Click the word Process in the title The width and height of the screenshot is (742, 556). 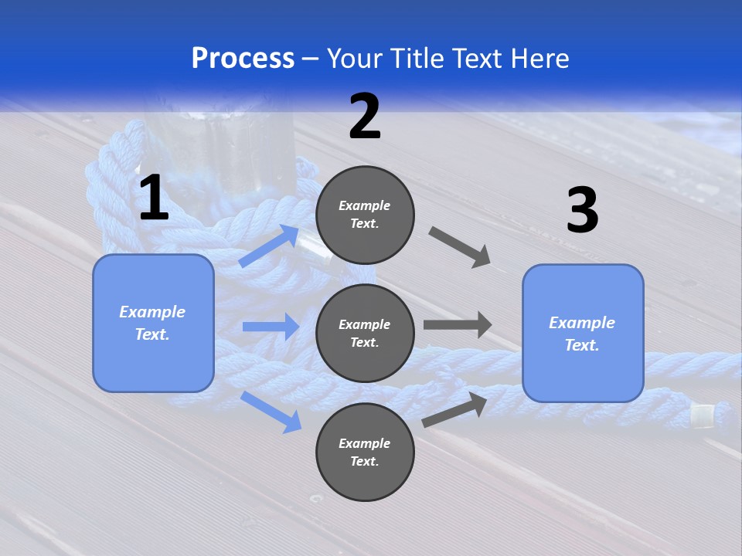pyautogui.click(x=243, y=59)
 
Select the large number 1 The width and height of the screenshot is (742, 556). pyautogui.click(x=154, y=198)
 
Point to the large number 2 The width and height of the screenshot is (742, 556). pyautogui.click(x=365, y=117)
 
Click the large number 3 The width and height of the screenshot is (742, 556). pyautogui.click(x=582, y=212)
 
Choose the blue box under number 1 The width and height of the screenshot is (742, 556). pyautogui.click(x=153, y=323)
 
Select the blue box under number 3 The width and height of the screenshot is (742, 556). pyautogui.click(x=583, y=334)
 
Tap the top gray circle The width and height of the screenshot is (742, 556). pyautogui.click(x=365, y=215)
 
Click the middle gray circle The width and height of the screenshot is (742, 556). pyautogui.click(x=365, y=333)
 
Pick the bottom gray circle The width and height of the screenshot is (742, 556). pyautogui.click(x=365, y=452)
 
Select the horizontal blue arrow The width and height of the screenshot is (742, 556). pyautogui.click(x=271, y=327)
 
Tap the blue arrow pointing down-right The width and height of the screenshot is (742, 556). pyautogui.click(x=271, y=412)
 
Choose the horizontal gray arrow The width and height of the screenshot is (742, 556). pyautogui.click(x=458, y=324)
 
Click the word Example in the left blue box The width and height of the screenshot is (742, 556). pyautogui.click(x=152, y=312)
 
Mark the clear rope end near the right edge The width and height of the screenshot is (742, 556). pyautogui.click(x=701, y=415)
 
